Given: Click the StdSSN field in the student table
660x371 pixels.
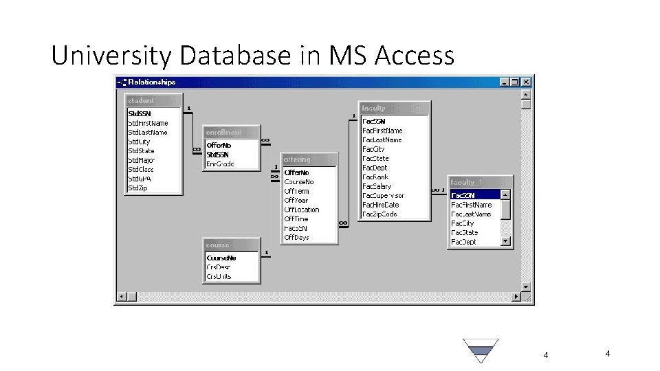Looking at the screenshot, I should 140,113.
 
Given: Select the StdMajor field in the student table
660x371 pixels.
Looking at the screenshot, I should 142,160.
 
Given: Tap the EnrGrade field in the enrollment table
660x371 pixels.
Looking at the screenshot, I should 221,164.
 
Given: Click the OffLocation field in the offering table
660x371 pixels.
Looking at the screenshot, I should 302,210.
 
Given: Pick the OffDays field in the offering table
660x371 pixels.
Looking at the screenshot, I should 297,238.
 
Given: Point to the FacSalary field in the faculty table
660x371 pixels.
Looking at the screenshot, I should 377,186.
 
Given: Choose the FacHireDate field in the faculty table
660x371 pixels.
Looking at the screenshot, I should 380,205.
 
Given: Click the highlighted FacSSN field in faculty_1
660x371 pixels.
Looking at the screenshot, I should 463,195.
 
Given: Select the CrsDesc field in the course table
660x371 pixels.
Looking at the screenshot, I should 219,267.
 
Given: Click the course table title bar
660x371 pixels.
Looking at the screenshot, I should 232,245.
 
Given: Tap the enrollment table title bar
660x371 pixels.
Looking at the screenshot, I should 232,132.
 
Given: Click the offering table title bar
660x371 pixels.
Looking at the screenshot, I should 310,159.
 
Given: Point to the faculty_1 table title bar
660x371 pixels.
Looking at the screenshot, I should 480,182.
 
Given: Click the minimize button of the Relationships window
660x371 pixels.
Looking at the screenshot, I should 506,81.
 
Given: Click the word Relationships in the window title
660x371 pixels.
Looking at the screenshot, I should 153,82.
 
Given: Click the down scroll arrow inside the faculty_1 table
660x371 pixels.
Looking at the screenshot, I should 506,241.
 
